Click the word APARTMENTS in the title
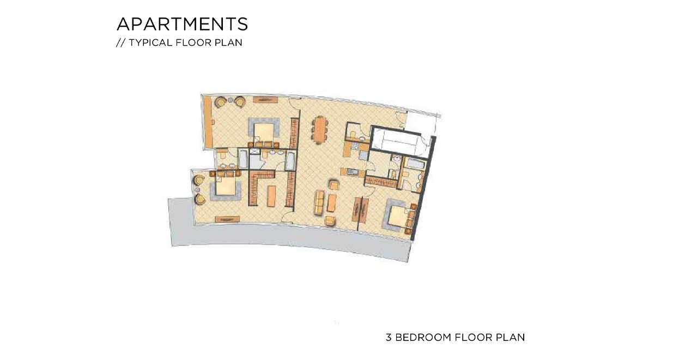point(182,24)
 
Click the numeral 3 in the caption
point(389,337)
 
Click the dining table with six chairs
point(320,129)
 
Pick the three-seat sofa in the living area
point(319,202)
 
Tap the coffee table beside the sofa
point(331,203)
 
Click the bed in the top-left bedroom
point(264,131)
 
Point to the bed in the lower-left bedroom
point(226,186)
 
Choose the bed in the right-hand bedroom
point(398,217)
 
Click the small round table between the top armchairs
point(231,100)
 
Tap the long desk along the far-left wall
point(208,121)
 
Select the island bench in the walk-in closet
point(271,196)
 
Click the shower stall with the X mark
point(254,151)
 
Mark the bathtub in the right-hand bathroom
point(415,164)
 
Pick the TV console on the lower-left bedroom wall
point(227,219)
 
